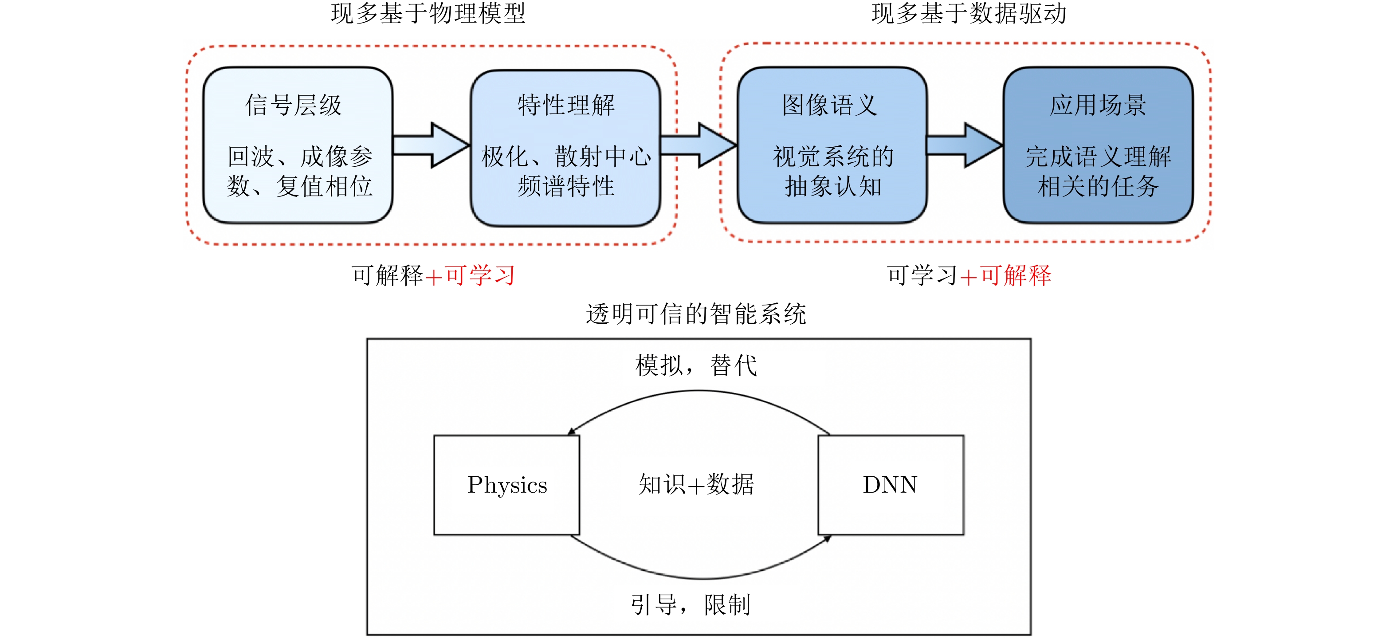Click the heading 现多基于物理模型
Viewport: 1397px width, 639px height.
[x=428, y=14]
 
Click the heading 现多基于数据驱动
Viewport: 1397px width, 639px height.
[x=969, y=14]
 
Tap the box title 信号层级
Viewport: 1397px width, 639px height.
[x=294, y=105]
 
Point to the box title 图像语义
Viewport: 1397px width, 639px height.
[x=830, y=105]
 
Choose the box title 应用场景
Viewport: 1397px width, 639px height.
[x=1098, y=105]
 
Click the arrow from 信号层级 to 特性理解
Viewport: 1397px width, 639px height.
[x=431, y=145]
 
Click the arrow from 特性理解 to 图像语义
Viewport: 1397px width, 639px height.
[x=698, y=145]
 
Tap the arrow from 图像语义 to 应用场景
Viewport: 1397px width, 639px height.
[x=964, y=145]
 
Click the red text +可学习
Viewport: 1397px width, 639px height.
[x=470, y=275]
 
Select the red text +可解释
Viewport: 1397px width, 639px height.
[x=1006, y=275]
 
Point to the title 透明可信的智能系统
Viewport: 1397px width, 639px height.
[x=696, y=314]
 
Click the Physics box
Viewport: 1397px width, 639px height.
[x=506, y=485]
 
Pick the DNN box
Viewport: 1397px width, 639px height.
[x=891, y=485]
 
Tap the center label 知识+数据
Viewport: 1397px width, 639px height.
[x=696, y=484]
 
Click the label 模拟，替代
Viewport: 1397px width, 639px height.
[x=696, y=365]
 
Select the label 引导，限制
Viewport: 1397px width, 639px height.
[x=691, y=604]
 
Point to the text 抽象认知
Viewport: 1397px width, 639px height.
[x=833, y=187]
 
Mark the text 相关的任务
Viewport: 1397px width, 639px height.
[x=1098, y=187]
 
